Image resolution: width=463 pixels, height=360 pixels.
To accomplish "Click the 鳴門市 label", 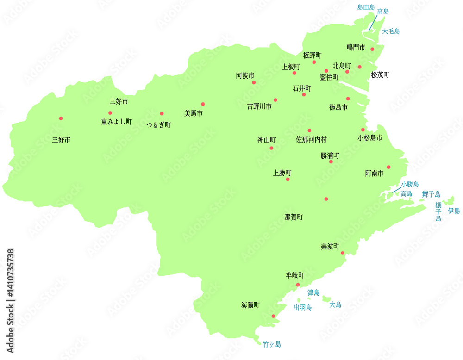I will (356, 47).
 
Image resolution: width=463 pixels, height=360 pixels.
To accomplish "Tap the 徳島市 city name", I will (338, 107).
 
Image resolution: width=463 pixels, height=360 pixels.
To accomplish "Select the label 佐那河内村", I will (311, 139).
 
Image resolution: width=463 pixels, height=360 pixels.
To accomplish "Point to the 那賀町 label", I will (294, 217).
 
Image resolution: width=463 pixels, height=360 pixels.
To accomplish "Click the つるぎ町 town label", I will (158, 124).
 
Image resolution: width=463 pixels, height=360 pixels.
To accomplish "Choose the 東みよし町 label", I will (116, 122).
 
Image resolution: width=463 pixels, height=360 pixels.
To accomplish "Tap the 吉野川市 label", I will (259, 106).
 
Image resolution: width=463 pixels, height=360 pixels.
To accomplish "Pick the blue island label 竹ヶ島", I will (272, 344).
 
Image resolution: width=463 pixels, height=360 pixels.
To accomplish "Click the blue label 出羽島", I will (302, 307).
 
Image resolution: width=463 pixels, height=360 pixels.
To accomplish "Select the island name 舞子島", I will (431, 194).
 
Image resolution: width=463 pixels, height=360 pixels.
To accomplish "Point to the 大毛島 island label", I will (391, 31).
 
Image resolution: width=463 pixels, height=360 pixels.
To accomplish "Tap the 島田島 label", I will (366, 7).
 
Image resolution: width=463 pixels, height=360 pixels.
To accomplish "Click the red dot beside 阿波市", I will (254, 82).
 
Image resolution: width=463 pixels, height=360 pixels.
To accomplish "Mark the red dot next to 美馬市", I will (203, 104).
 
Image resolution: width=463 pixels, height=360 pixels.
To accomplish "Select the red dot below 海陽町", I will (273, 317).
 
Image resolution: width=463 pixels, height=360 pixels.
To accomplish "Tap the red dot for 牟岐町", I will (298, 285).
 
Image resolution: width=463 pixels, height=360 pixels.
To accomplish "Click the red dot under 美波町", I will (343, 253).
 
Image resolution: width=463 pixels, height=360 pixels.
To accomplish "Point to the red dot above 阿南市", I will (388, 167).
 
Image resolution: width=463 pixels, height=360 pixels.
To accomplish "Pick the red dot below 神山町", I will (271, 148).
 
